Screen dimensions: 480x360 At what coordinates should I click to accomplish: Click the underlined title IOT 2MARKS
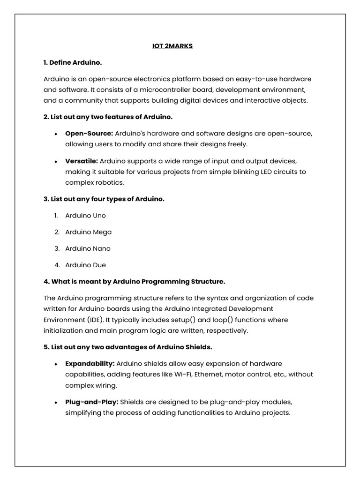tap(172, 46)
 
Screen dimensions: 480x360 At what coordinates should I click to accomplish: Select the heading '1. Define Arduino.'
tap(73, 62)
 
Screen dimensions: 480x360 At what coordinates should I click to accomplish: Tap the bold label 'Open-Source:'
tap(89, 133)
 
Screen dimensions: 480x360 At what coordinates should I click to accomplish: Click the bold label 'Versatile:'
tap(82, 161)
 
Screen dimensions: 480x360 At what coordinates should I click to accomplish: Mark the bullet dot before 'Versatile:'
tap(56, 161)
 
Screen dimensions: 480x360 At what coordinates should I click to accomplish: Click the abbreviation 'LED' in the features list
tap(267, 172)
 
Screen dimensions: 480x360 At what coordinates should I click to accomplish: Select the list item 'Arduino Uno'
tap(85, 216)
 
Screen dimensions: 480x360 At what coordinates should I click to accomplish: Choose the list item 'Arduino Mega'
tap(88, 232)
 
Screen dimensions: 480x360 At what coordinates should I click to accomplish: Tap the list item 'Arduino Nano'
tap(88, 248)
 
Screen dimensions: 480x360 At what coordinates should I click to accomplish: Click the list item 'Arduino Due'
tap(85, 265)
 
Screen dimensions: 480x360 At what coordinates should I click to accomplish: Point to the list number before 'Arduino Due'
tap(56, 265)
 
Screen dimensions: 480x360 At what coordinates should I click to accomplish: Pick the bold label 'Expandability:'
tap(90, 363)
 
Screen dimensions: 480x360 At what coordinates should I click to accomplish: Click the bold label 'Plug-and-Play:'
tap(92, 402)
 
